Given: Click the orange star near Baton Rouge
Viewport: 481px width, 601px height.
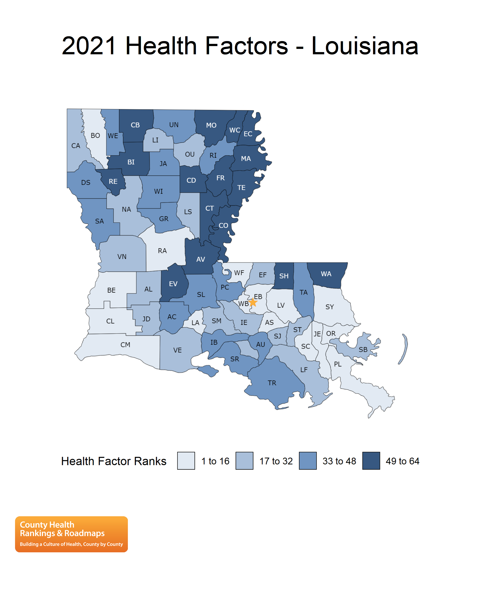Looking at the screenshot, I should (x=253, y=302).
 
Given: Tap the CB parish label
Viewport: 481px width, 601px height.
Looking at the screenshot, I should (x=135, y=125).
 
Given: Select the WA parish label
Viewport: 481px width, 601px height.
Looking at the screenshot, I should (x=326, y=274).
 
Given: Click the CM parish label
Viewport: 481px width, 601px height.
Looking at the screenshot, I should (x=125, y=345).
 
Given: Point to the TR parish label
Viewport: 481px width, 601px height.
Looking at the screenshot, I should (x=272, y=383).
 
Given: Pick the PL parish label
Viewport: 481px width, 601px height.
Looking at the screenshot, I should (x=338, y=364).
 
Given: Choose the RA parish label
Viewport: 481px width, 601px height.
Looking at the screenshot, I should (x=162, y=251).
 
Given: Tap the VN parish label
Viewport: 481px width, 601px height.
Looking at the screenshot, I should (x=122, y=257).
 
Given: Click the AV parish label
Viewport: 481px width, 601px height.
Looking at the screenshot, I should (x=200, y=259).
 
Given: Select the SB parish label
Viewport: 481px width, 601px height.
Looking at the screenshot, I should (x=363, y=350).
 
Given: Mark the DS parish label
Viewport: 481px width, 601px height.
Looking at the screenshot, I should (x=86, y=183).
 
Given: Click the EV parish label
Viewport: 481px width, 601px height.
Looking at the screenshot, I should (x=173, y=284).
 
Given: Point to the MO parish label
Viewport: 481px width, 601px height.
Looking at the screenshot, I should (x=211, y=125).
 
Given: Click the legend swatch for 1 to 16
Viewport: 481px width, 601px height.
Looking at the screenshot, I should (x=186, y=461).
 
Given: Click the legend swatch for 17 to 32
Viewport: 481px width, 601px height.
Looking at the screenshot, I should (x=244, y=461).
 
